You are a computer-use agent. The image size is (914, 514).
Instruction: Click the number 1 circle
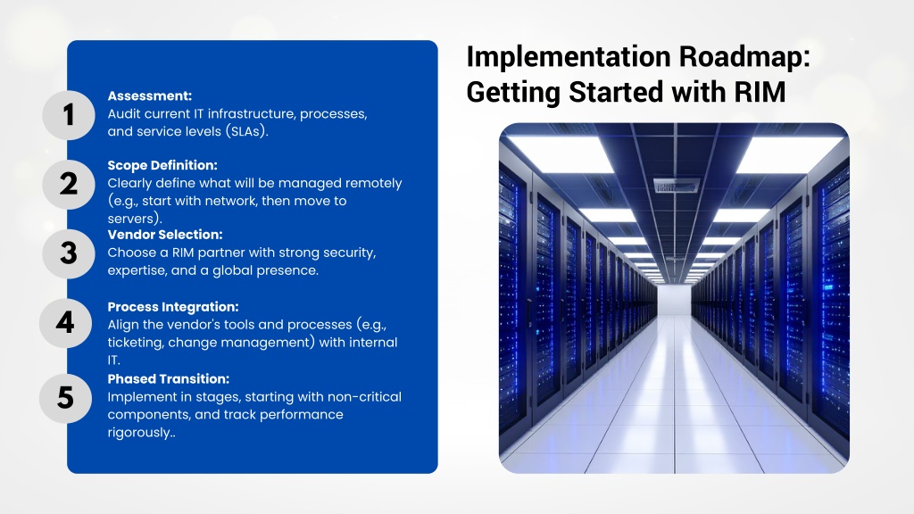point(69,115)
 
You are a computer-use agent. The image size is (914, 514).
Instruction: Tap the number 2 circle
point(69,184)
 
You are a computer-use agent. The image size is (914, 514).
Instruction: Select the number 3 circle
point(69,253)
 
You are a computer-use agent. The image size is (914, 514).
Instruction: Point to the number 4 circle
point(65,323)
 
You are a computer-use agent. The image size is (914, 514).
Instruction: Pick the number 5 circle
point(65,398)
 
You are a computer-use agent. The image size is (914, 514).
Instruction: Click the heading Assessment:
point(150,96)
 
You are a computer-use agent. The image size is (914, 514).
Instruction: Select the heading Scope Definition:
point(162,165)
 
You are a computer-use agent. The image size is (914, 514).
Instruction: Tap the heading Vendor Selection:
point(165,235)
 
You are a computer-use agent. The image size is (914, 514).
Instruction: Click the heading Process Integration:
point(173,307)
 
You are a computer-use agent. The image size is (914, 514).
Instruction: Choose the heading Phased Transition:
point(169,378)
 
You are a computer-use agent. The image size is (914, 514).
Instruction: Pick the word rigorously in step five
point(142,433)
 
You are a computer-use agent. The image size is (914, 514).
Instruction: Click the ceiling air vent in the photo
point(677,186)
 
